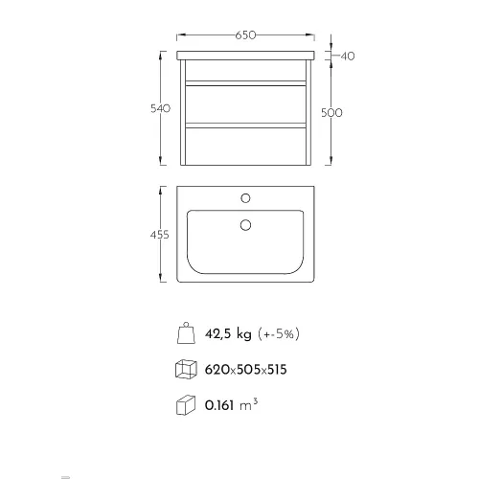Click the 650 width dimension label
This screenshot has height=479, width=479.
click(x=245, y=35)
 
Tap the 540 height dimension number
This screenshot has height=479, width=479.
click(x=160, y=108)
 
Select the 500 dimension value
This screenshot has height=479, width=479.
click(x=331, y=113)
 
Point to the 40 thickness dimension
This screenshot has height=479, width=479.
click(x=348, y=57)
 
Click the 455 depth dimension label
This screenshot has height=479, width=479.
click(x=160, y=235)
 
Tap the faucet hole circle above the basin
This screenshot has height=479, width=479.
click(x=245, y=198)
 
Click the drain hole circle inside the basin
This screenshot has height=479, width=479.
click(x=245, y=225)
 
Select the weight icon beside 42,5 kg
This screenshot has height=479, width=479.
click(x=186, y=333)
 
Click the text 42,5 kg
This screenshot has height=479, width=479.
click(x=228, y=334)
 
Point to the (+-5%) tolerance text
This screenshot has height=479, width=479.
click(x=279, y=334)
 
